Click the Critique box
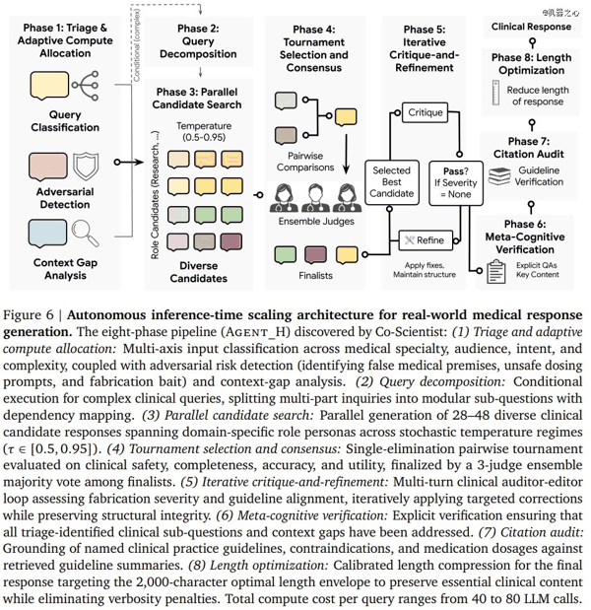pos(425,112)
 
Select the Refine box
pos(426,240)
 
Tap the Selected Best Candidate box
pos(392,182)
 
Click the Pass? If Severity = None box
pos(456,183)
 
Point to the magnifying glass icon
pos(86,233)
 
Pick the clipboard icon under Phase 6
pos(496,271)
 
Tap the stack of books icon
pos(499,176)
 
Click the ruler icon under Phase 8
pos(495,93)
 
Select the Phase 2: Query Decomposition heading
pos(198,41)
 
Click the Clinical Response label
pos(531,27)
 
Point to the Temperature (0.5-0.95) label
pos(204,131)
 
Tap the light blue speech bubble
pos(47,234)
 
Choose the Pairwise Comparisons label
pos(305,162)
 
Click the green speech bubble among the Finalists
pos(286,255)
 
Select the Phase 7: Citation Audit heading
pos(528,148)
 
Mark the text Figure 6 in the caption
pos(28,314)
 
